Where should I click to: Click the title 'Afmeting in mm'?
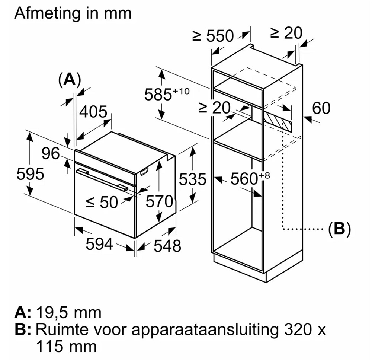[x=73, y=13]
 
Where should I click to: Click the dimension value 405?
[x=93, y=112]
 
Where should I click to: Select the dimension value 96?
[x=51, y=153]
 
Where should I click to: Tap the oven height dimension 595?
[x=31, y=174]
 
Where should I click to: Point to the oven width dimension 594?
[x=99, y=244]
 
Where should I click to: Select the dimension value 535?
[x=192, y=179]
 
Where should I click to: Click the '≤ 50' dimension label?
[x=102, y=202]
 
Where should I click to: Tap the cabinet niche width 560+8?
[x=247, y=179]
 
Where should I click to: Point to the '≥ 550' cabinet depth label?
[x=213, y=36]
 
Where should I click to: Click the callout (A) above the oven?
[x=69, y=79]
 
